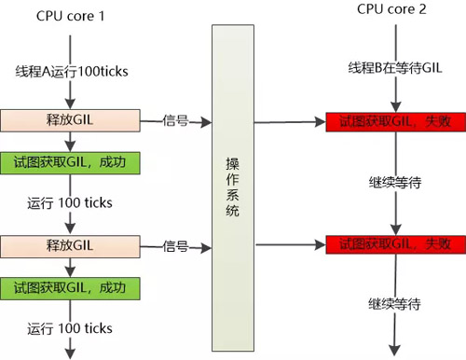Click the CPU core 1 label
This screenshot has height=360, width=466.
coord(70,17)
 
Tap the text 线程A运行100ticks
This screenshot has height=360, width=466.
coord(70,72)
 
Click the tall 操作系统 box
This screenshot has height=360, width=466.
coord(232,186)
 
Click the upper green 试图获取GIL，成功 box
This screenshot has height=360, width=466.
coord(70,160)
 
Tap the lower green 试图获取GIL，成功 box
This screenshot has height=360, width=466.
coord(70,286)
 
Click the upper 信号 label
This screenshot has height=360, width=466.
coord(176,120)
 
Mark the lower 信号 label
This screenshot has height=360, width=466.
coord(176,247)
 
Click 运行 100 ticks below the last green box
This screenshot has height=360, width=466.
coord(70,327)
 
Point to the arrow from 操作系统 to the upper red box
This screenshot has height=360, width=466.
coord(289,121)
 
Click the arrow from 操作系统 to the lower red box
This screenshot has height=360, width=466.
coord(289,245)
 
